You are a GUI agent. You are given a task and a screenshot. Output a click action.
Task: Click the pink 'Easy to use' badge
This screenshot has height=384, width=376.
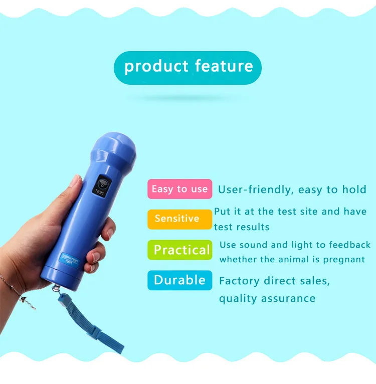179,189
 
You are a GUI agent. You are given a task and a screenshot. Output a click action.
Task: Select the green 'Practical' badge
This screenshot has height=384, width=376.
179,250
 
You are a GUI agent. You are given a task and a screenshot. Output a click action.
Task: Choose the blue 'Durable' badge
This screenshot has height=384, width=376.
179,280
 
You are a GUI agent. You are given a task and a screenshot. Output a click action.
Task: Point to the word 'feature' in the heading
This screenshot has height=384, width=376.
224,66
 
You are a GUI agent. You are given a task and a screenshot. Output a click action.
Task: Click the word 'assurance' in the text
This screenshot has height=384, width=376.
289,299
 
